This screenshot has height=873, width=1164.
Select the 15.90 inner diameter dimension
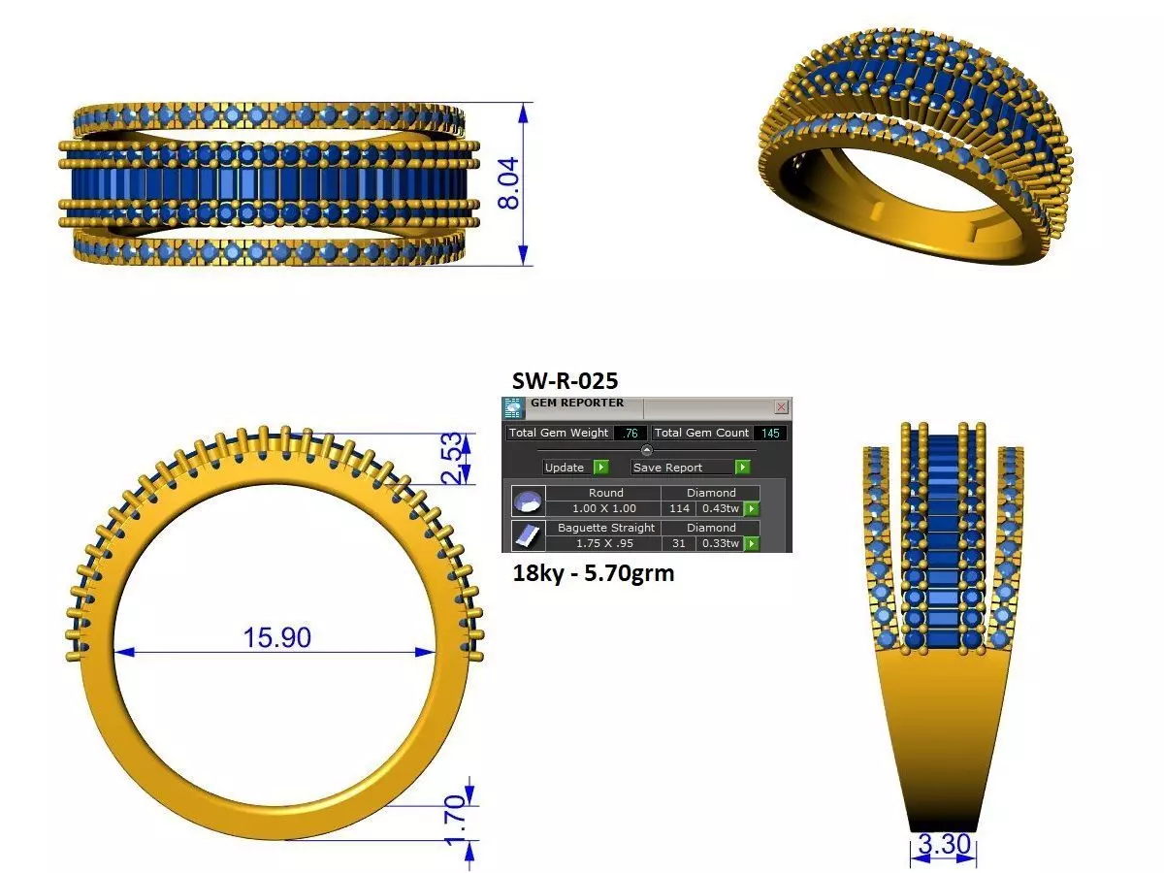(x=276, y=637)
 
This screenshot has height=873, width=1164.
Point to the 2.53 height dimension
(x=451, y=458)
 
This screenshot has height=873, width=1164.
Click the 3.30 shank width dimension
(x=944, y=845)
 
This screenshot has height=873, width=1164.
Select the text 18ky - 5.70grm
(x=593, y=573)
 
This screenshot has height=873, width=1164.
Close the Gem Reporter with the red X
(x=781, y=407)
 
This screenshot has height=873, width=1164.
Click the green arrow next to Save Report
(x=742, y=468)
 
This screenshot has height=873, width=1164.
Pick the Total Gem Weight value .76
(x=630, y=433)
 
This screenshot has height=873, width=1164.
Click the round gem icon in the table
(x=527, y=501)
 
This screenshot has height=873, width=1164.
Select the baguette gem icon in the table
(x=527, y=535)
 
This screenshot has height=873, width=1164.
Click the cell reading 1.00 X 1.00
(x=605, y=508)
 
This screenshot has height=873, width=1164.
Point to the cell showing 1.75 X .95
(x=605, y=543)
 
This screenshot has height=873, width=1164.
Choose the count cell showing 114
(x=679, y=508)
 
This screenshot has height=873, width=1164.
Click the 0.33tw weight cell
(x=720, y=543)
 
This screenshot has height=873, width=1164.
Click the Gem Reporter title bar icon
(x=513, y=407)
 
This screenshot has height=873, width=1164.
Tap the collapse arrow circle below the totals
(x=647, y=450)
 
